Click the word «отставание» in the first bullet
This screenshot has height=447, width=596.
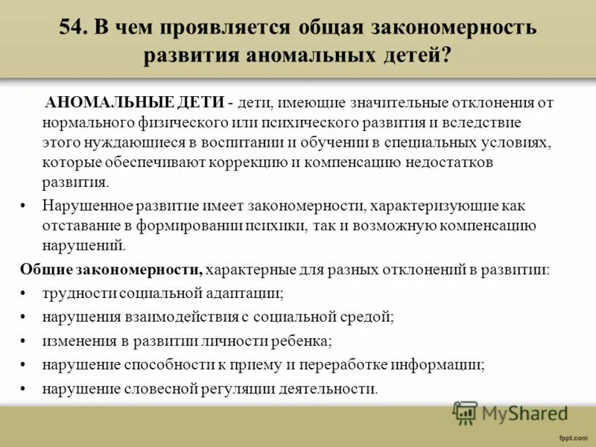click(x=77, y=226)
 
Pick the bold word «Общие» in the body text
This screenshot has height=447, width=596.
click(x=41, y=269)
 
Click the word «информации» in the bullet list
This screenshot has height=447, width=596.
click(x=442, y=364)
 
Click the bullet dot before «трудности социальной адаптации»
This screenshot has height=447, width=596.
click(x=24, y=294)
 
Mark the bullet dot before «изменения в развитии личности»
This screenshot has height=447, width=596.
click(x=24, y=340)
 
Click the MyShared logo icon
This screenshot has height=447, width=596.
click(x=465, y=412)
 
